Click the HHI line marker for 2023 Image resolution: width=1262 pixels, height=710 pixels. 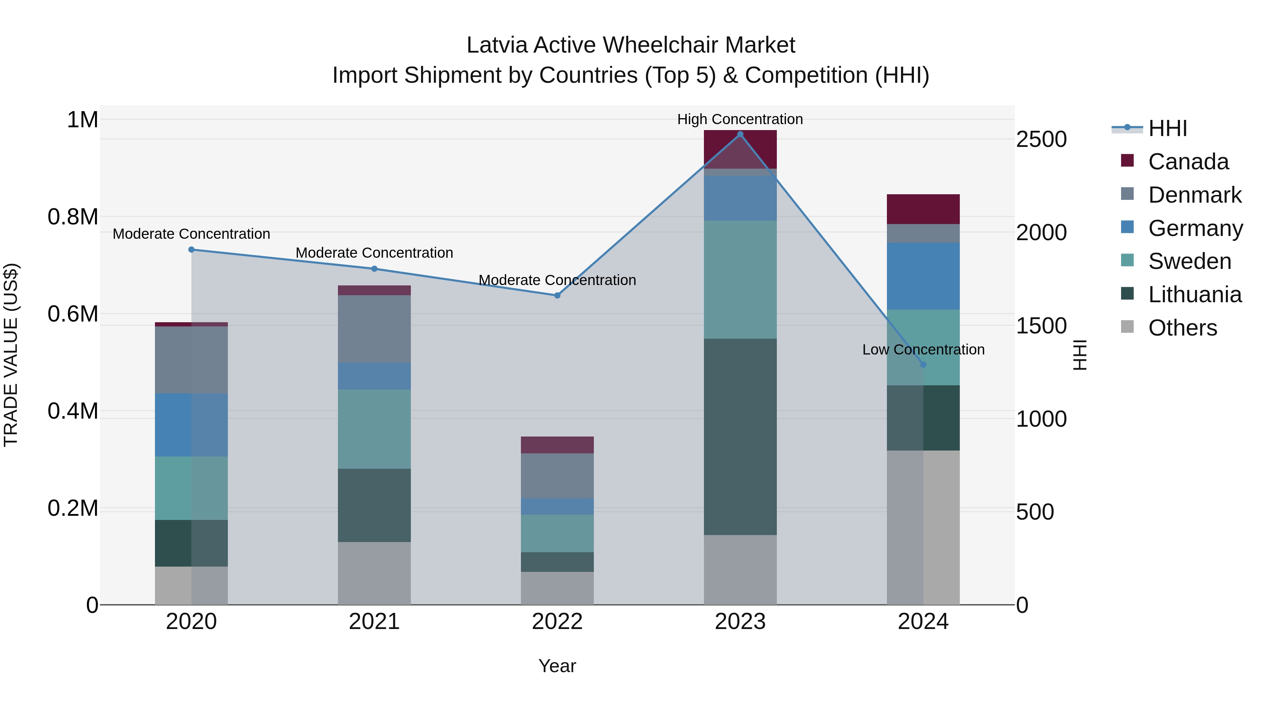740,134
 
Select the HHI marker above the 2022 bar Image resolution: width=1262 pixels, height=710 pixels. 557,296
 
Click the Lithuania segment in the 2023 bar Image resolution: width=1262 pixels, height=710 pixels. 740,436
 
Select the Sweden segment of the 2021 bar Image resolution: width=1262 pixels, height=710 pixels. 374,429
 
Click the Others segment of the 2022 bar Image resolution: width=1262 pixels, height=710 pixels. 557,588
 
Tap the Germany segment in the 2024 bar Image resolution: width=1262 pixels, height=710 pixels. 923,276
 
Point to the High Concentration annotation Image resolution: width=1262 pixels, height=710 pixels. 740,119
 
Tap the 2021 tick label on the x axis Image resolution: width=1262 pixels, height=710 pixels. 374,621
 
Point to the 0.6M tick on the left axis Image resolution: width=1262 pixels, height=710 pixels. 73,313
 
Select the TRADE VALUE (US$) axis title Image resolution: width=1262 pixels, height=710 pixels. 11,355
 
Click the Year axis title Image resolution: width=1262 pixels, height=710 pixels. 557,666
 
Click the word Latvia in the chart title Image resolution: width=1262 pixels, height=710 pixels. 497,45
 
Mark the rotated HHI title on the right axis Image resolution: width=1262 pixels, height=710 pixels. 1080,355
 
